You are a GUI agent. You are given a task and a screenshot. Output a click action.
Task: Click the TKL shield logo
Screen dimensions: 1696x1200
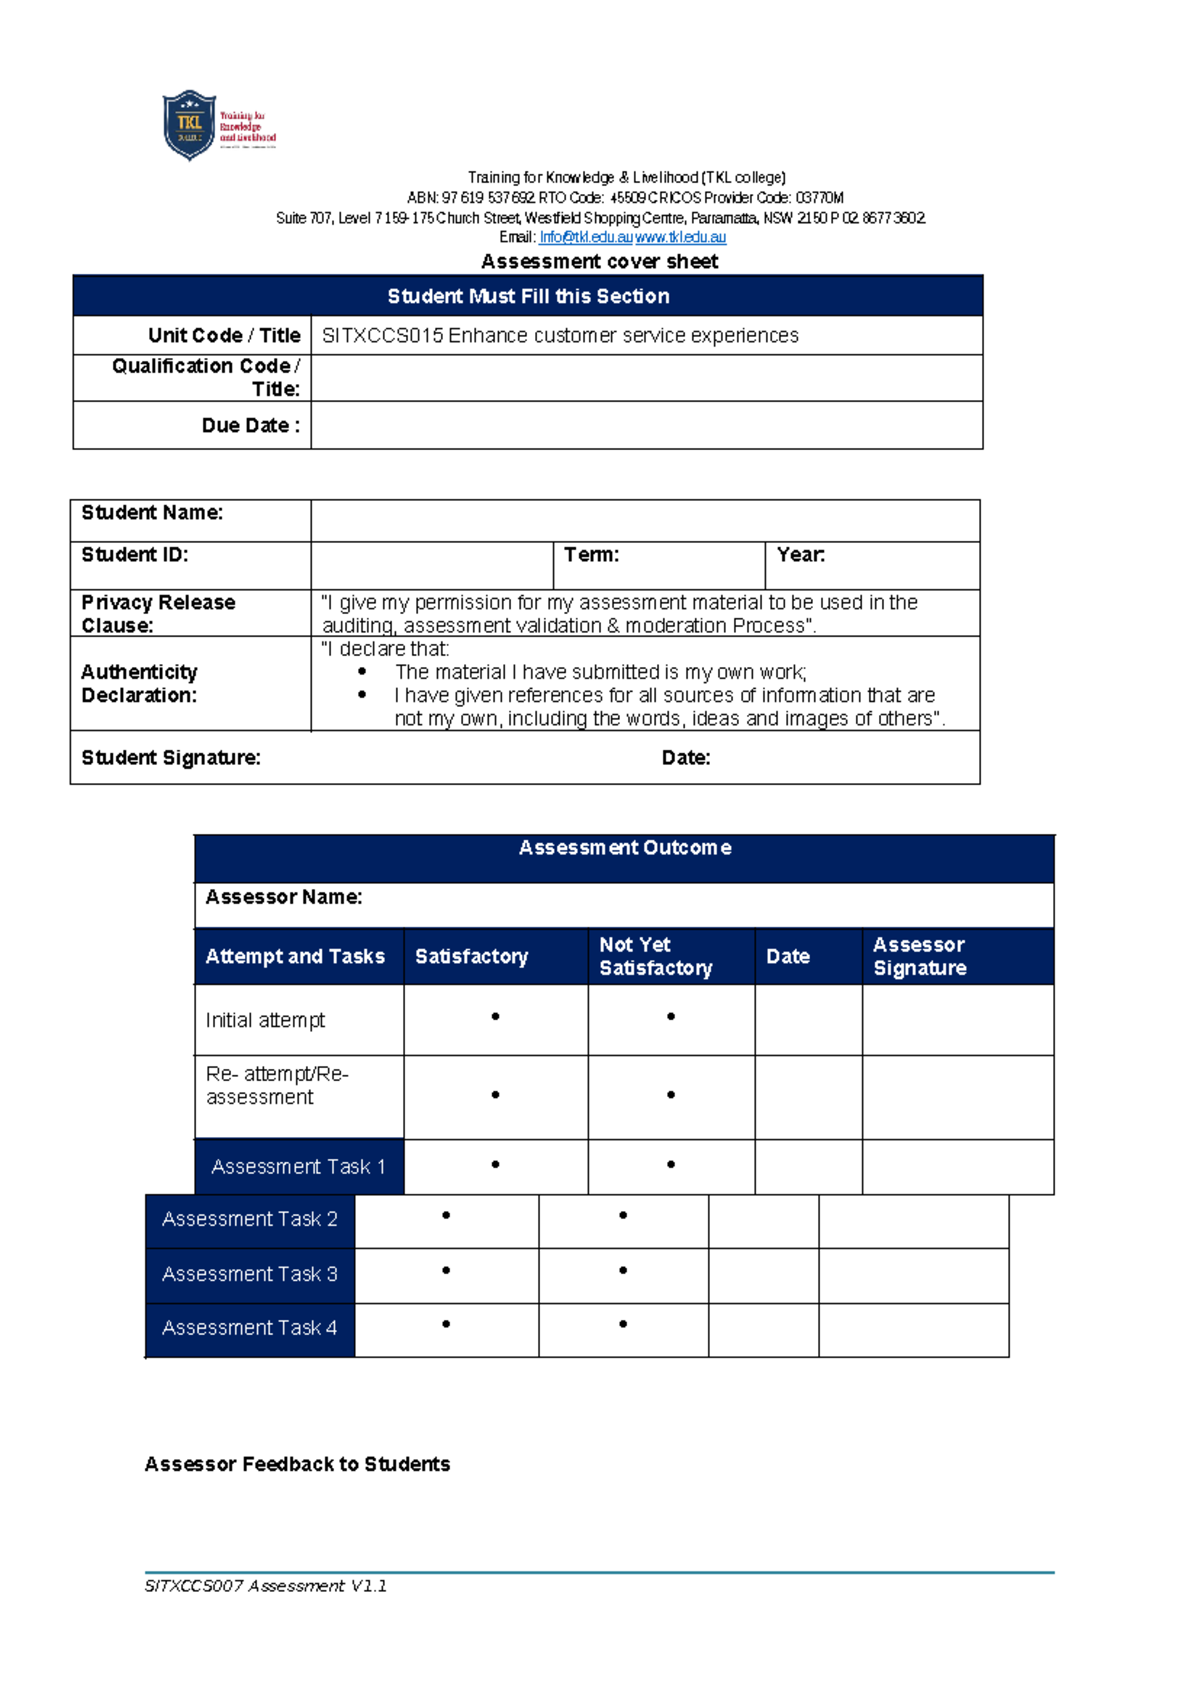(189, 125)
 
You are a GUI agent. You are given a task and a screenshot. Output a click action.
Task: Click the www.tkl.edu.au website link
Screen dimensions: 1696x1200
(680, 237)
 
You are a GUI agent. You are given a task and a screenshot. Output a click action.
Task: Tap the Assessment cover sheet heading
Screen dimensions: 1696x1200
(599, 262)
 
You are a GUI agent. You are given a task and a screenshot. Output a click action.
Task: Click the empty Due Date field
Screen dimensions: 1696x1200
(646, 426)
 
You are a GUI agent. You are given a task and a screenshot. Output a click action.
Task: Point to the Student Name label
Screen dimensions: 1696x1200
(152, 513)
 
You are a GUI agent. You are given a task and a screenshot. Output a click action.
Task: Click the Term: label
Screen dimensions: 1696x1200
(591, 555)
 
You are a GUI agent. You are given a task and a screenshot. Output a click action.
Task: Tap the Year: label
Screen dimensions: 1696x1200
(800, 555)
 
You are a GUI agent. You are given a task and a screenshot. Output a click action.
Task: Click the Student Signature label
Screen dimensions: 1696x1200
(171, 758)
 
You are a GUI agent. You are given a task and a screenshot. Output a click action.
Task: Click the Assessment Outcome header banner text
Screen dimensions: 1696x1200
(625, 848)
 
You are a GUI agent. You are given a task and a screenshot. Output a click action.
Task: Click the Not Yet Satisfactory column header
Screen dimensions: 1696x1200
(656, 957)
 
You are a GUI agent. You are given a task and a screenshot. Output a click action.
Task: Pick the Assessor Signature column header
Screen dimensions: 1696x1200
(919, 957)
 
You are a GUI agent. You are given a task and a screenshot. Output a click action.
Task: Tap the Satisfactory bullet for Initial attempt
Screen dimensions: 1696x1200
(495, 1017)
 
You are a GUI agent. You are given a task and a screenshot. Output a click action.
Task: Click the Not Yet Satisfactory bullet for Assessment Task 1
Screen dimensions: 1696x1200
(671, 1165)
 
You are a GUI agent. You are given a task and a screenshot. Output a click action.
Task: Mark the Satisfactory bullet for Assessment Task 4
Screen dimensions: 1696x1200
(446, 1324)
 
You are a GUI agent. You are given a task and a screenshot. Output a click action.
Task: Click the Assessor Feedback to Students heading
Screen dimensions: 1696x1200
(297, 1465)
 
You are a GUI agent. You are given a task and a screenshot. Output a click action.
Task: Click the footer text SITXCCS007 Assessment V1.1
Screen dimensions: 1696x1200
(266, 1586)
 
